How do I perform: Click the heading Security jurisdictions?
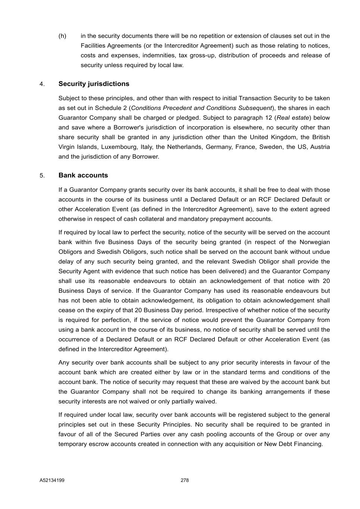click(x=94, y=84)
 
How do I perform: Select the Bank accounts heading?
click(x=83, y=175)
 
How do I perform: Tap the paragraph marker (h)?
click(x=62, y=36)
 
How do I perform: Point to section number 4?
click(x=42, y=84)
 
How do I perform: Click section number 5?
click(x=42, y=176)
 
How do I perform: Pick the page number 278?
click(x=185, y=480)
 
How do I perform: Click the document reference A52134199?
click(x=52, y=480)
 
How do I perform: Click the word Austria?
click(x=320, y=147)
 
